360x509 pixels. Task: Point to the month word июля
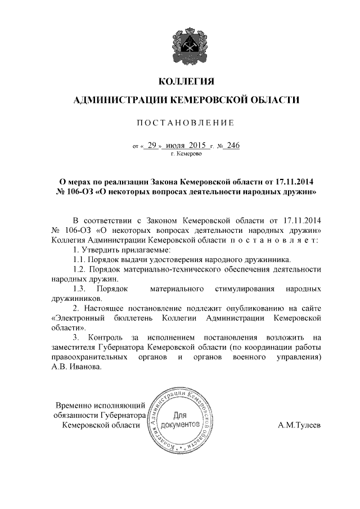coord(177,145)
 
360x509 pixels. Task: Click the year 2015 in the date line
coord(199,145)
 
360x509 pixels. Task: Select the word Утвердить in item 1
coord(105,249)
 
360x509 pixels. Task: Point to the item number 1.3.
coord(79,289)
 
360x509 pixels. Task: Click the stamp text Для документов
coord(181,419)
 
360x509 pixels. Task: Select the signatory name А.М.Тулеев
coord(299,426)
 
